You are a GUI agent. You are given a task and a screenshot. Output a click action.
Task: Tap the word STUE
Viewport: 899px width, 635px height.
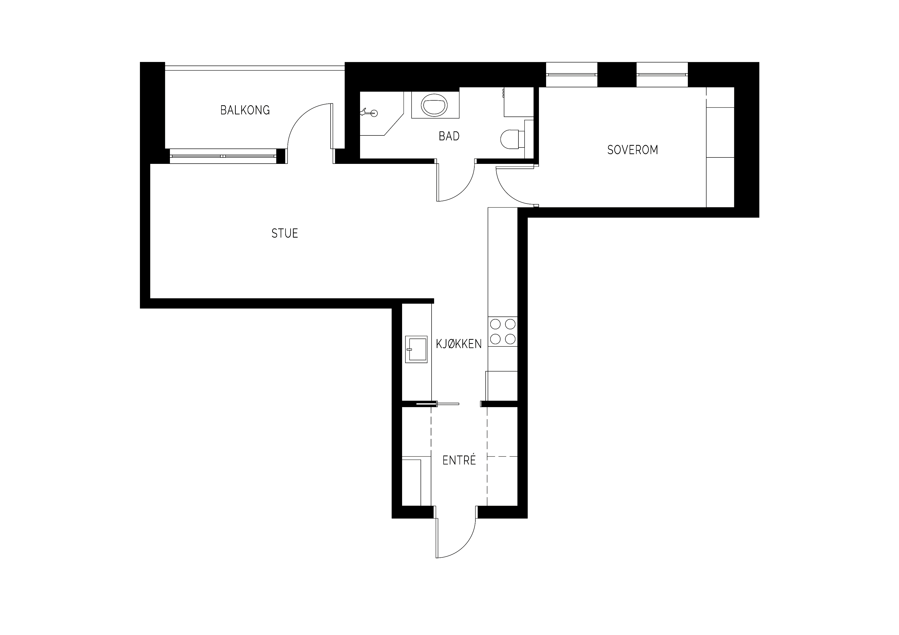[x=285, y=234]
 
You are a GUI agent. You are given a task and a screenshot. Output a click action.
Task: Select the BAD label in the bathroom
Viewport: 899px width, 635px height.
[x=449, y=136]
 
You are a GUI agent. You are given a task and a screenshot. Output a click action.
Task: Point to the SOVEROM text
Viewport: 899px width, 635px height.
[x=632, y=150]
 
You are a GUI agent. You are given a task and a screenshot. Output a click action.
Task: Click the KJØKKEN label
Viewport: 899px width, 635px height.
[x=459, y=344]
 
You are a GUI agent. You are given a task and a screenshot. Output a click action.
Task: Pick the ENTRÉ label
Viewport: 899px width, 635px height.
[x=459, y=460]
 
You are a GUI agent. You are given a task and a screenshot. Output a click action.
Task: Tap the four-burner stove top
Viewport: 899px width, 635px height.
[x=503, y=331]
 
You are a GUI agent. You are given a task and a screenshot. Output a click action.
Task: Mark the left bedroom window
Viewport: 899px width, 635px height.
[x=571, y=74]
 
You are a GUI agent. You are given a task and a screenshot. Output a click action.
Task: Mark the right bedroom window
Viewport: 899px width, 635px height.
[x=662, y=74]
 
